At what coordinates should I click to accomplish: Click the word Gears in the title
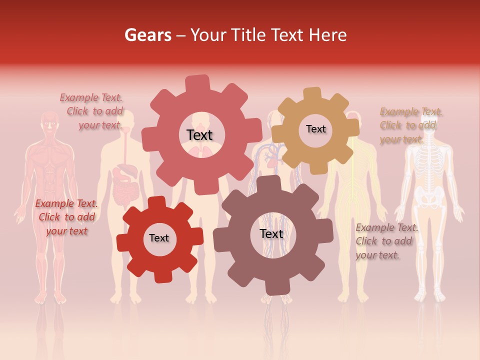coord(147,35)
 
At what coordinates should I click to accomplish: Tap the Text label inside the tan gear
coord(315,129)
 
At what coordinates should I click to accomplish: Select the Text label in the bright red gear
coord(159,238)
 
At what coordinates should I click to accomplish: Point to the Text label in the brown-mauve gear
coord(271,233)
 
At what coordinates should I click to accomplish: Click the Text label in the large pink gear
coord(199,135)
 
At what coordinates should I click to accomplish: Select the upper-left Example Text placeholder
coord(93,111)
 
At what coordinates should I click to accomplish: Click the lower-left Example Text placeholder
coord(66,217)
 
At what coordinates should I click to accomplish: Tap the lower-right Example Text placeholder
coord(386,241)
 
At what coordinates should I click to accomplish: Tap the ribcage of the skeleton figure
coord(429,165)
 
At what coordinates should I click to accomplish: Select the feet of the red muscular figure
coord(49,298)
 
